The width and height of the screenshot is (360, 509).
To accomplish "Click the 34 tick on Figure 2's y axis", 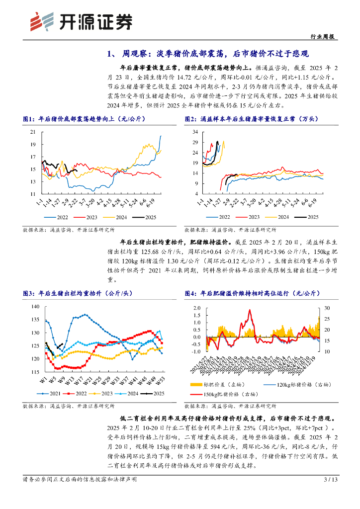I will tap(194, 132).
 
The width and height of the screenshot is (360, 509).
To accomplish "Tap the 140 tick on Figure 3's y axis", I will tap(34, 306).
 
